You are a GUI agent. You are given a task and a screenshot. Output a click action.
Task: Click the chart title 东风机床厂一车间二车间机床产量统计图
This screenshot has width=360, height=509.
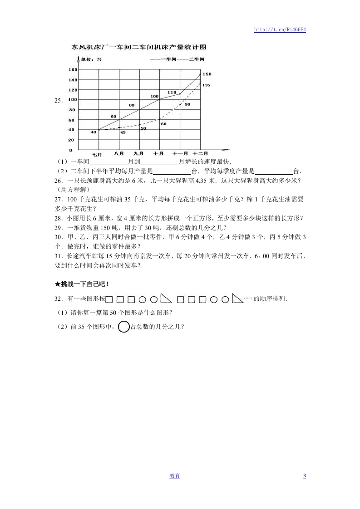point(139,47)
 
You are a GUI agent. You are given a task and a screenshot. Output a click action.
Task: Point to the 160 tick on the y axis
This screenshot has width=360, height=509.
point(73,69)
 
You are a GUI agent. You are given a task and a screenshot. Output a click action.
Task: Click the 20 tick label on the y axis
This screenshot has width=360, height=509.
point(72,140)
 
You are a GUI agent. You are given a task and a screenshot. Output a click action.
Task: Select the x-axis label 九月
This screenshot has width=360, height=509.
point(138,154)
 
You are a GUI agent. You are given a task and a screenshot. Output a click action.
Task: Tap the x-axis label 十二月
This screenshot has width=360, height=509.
point(200,154)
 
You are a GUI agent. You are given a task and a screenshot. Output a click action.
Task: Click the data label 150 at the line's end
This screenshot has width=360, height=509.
point(207,73)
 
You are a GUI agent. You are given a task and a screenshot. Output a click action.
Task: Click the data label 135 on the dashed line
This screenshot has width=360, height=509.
point(206,85)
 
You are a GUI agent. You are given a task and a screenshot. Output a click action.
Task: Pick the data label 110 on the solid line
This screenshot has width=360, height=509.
point(172,92)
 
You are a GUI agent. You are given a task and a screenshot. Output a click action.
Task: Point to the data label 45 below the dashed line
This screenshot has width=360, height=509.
point(123,132)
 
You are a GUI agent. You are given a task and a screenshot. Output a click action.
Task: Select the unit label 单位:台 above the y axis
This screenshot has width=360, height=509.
point(92,59)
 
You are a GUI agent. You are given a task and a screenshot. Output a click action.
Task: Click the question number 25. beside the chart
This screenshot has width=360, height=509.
point(58,101)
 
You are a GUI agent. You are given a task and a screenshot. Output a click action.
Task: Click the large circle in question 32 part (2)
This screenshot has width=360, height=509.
point(123,327)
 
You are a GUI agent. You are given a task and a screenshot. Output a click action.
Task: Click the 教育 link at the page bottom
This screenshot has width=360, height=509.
point(175,476)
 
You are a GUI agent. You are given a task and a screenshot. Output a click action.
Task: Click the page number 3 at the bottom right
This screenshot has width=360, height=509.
point(305,476)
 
